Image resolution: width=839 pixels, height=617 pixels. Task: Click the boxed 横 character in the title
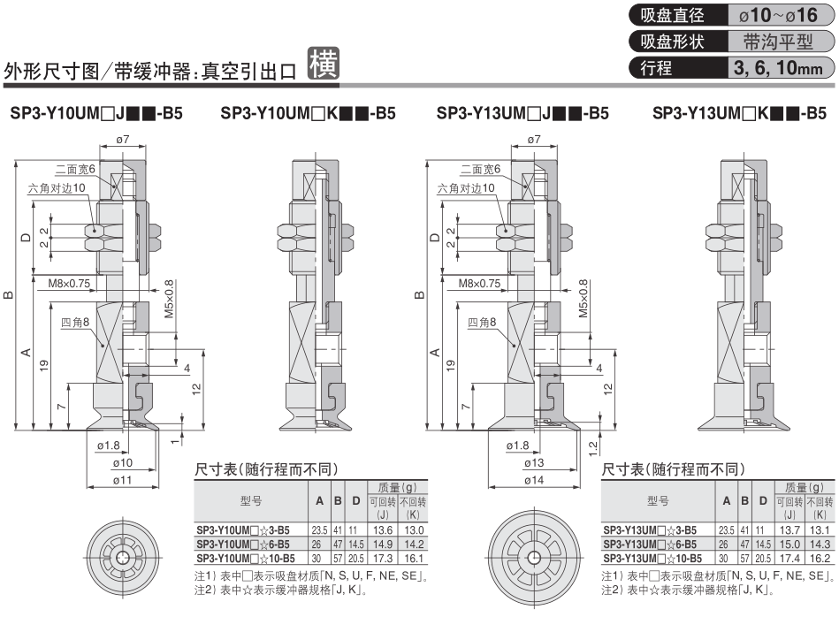pyautogui.click(x=324, y=64)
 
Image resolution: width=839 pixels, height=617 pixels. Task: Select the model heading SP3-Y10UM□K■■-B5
pyautogui.click(x=308, y=113)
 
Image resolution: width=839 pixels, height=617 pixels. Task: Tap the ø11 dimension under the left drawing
pyautogui.click(x=123, y=480)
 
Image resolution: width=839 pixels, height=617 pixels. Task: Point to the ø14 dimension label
pyautogui.click(x=533, y=480)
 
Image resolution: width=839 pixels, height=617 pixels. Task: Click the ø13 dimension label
pyautogui.click(x=533, y=463)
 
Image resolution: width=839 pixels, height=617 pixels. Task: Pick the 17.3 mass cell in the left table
pyautogui.click(x=383, y=558)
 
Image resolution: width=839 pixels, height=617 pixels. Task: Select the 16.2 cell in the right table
pyautogui.click(x=820, y=558)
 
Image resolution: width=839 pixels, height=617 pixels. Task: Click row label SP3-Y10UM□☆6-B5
pyautogui.click(x=243, y=545)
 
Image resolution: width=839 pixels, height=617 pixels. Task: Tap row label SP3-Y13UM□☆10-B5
pyautogui.click(x=652, y=558)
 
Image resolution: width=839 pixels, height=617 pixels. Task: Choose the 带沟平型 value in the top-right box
pyautogui.click(x=778, y=42)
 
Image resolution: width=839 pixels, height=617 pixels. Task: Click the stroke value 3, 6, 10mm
pyautogui.click(x=778, y=68)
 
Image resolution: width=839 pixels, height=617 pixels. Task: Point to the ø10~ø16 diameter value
pyautogui.click(x=778, y=16)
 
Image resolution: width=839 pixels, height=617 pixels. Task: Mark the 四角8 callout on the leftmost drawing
pyautogui.click(x=75, y=322)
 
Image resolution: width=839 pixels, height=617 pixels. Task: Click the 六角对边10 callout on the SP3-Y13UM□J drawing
pyautogui.click(x=466, y=188)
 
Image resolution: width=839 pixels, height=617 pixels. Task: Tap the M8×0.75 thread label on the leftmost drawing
pyautogui.click(x=69, y=284)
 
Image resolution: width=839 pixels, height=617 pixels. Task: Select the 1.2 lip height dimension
pyautogui.click(x=593, y=448)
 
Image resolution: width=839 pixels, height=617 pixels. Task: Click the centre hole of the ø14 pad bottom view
pyautogui.click(x=533, y=558)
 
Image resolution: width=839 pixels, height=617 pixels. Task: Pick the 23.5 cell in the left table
pyautogui.click(x=319, y=530)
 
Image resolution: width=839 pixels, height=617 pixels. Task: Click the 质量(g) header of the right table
pyautogui.click(x=805, y=487)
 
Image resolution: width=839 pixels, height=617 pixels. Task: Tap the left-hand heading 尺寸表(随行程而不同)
pyautogui.click(x=266, y=469)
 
